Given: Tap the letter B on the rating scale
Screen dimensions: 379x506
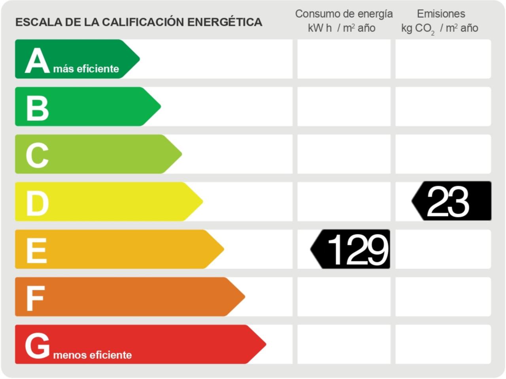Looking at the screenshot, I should coord(37,108).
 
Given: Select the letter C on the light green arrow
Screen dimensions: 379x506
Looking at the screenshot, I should coord(37,155).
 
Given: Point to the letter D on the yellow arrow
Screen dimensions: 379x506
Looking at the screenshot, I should coord(37,203).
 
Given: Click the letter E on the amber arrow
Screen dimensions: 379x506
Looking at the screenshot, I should coord(36,250).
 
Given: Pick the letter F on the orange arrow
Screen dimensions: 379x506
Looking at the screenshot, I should coord(35,298).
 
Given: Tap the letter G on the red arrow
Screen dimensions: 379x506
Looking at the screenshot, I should coord(37,345).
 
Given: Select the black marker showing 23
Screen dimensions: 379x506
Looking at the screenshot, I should coord(452,201).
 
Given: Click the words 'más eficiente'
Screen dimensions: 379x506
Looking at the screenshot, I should coord(86,69).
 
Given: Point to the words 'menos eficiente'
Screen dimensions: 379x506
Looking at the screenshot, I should coord(93,355).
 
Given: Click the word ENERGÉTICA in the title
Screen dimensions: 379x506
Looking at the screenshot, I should coord(225,22).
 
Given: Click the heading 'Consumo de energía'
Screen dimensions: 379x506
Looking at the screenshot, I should coord(344,14).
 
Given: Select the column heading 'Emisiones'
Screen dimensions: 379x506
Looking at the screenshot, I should coord(441,14).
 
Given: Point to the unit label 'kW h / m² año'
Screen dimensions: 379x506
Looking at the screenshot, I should coord(342,28).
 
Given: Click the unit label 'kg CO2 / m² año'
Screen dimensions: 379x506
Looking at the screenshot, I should coord(440,28).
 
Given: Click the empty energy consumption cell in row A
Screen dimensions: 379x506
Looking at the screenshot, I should coord(344,59).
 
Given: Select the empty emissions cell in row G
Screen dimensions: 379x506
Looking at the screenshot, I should coord(443,344).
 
